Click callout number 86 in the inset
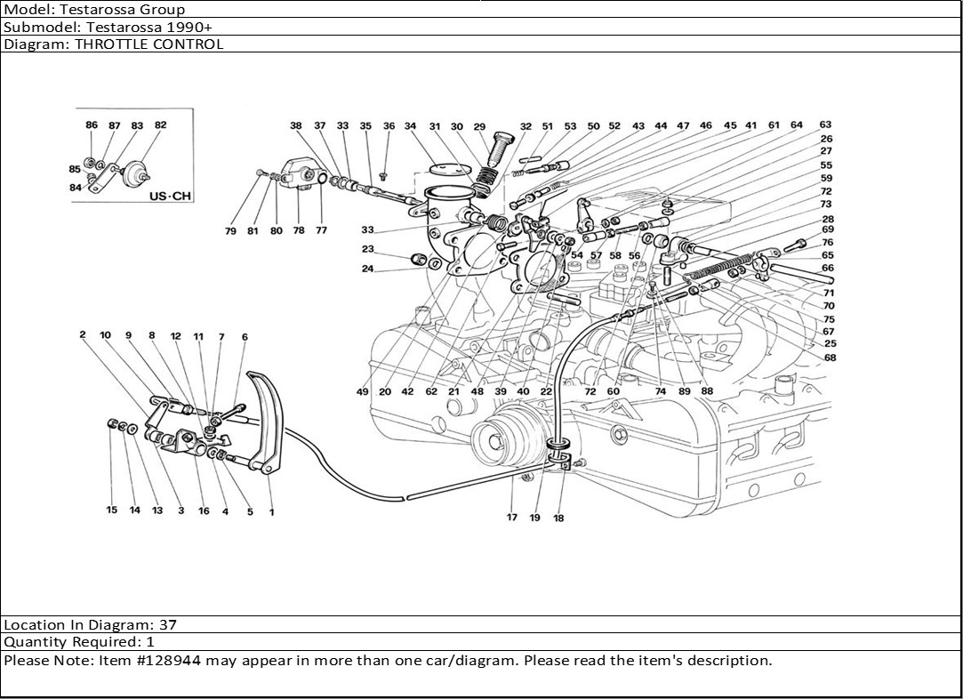pos(92,125)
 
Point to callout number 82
pos(160,125)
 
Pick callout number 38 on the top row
pos(296,126)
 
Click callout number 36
pos(389,126)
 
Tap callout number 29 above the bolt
pos(479,126)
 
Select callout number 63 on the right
pos(825,125)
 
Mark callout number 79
pos(230,231)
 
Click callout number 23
pos(367,250)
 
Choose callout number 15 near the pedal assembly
pos(112,510)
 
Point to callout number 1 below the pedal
pos(271,511)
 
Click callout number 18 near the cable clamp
pos(558,518)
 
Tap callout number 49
pos(363,392)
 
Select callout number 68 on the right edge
pos(830,358)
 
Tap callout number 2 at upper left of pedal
pos(82,335)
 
